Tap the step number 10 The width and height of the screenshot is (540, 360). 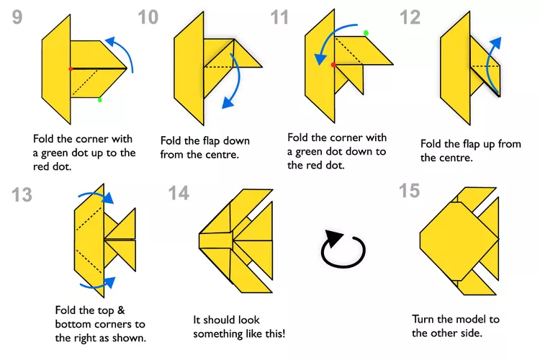pyautogui.click(x=148, y=18)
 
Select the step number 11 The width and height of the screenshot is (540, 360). pyautogui.click(x=281, y=18)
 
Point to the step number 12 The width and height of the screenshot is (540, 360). pyautogui.click(x=410, y=18)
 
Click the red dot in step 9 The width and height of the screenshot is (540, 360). pyautogui.click(x=70, y=68)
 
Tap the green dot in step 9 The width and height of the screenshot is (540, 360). pyautogui.click(x=100, y=99)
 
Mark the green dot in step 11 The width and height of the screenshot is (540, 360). pyautogui.click(x=366, y=33)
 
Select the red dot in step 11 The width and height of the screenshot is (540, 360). pyautogui.click(x=333, y=65)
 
